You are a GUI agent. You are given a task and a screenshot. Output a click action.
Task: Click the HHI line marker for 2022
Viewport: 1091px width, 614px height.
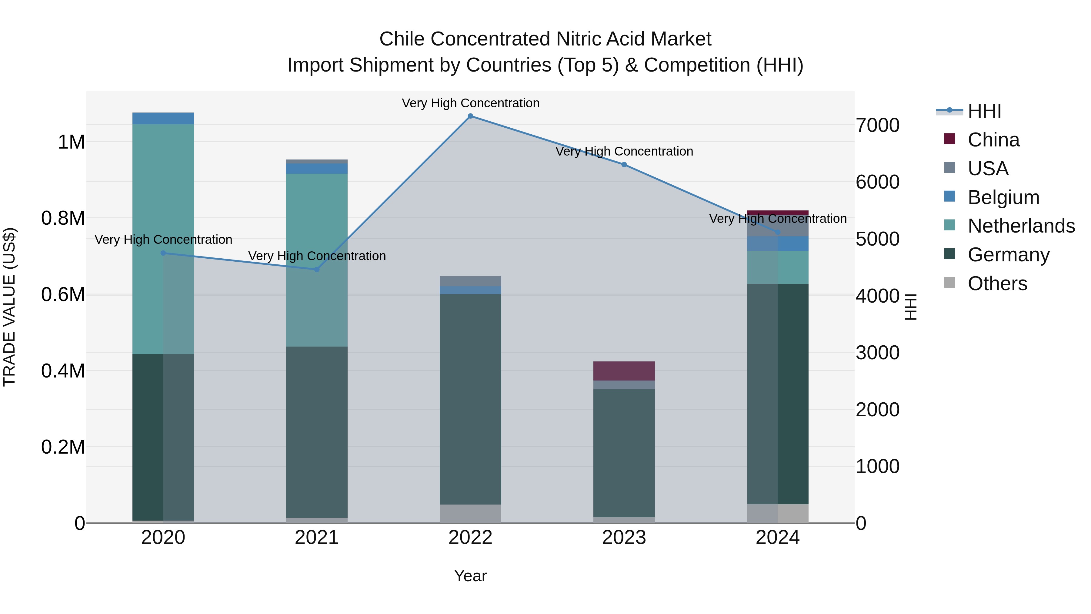tap(470, 116)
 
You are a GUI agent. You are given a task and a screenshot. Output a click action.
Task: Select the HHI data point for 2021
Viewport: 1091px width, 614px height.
tap(317, 270)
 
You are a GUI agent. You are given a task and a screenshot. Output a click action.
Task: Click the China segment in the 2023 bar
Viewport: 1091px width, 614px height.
tap(624, 371)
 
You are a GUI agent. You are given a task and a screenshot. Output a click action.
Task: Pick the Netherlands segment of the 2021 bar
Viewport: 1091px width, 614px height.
tap(317, 260)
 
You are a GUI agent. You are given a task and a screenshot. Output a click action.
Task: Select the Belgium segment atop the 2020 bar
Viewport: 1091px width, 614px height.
tap(163, 119)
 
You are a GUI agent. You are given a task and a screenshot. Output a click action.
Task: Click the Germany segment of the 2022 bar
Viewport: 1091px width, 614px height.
tap(470, 398)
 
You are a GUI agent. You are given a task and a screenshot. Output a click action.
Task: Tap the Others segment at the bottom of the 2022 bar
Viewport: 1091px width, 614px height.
tap(470, 514)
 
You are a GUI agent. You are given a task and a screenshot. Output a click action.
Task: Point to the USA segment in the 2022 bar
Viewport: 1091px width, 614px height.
tap(470, 281)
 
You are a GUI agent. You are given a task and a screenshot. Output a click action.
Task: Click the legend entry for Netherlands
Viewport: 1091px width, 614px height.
tap(1021, 226)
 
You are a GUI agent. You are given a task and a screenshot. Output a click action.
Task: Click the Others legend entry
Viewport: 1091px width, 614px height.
tap(997, 284)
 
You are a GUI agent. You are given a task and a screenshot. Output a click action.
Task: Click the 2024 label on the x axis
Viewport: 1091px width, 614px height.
tap(778, 538)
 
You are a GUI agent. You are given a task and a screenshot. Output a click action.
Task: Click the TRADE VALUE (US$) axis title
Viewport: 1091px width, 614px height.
tap(9, 307)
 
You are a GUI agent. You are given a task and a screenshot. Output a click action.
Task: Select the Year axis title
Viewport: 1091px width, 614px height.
tap(470, 576)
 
